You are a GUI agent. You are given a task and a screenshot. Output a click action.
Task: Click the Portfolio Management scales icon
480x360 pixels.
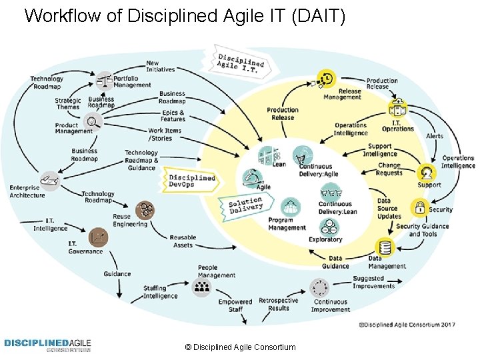click(104, 81)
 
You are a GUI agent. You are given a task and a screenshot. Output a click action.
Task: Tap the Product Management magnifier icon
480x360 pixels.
click(93, 121)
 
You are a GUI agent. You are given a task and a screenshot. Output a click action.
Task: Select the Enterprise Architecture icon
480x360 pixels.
click(48, 179)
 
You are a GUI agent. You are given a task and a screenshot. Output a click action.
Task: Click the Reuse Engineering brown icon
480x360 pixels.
click(145, 211)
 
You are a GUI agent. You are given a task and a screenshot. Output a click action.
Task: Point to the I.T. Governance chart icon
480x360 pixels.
click(99, 237)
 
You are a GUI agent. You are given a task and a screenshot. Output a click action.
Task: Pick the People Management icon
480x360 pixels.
click(201, 287)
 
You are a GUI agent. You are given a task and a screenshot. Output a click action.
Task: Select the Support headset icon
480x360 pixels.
click(427, 173)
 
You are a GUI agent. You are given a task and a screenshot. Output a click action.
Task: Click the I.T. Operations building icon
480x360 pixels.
click(398, 110)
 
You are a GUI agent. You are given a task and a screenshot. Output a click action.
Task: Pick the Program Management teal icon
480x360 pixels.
click(291, 206)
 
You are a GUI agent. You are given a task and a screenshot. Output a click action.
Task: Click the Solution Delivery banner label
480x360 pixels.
click(245, 205)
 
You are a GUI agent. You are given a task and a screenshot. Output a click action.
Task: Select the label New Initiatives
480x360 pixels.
click(160, 67)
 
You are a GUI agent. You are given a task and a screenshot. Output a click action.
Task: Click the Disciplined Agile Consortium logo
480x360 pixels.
click(47, 345)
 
